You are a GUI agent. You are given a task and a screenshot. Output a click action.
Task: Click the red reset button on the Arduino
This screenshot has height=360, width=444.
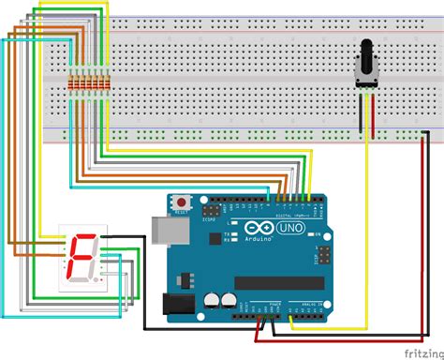click(x=180, y=202)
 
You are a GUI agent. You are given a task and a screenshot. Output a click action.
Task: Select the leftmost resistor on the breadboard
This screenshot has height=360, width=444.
click(x=72, y=89)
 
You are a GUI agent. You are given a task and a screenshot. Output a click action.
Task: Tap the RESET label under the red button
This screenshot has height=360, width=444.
click(x=180, y=214)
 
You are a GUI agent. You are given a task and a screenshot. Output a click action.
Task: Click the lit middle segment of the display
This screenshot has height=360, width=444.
click(x=81, y=258)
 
